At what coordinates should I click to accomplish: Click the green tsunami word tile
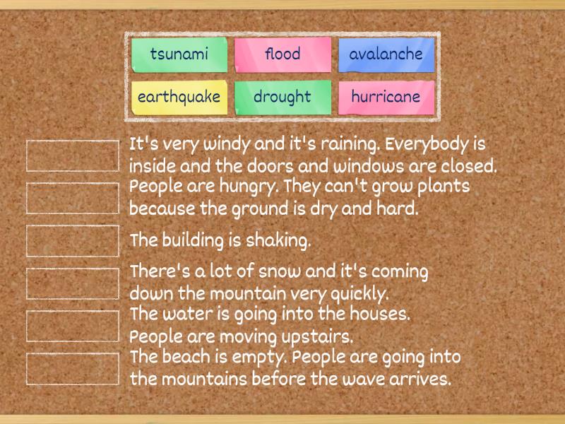click(x=179, y=54)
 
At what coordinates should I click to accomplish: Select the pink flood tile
click(x=282, y=54)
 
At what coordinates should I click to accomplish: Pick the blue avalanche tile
click(x=386, y=54)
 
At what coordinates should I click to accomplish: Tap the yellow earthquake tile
click(x=179, y=97)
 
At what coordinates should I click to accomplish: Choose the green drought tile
click(x=282, y=97)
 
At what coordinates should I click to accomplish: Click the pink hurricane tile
click(x=386, y=97)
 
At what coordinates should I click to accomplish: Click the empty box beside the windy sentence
click(x=73, y=155)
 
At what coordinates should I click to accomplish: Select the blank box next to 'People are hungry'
click(x=73, y=198)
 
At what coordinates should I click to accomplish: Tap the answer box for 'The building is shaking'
click(x=73, y=240)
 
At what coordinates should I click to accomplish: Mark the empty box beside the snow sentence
click(x=73, y=283)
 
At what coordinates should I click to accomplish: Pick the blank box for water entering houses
click(x=73, y=325)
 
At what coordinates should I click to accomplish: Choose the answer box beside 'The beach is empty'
click(x=73, y=367)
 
